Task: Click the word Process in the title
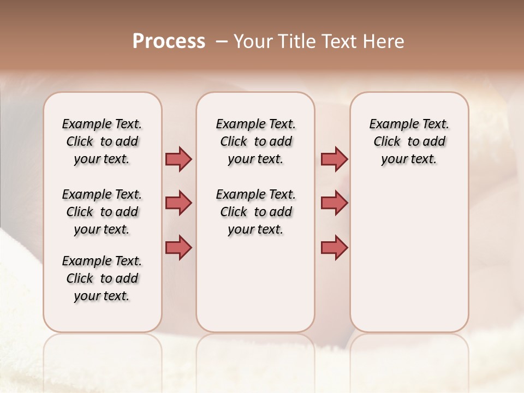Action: click(169, 41)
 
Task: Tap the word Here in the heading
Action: click(384, 41)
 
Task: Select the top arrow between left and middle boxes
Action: click(178, 159)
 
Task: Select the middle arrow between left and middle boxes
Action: click(178, 203)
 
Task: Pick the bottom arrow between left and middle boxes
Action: click(178, 247)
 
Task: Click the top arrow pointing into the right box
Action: click(334, 159)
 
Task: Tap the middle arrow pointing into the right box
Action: click(334, 203)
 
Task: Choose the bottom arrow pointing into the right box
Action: click(334, 247)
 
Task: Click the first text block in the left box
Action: click(102, 141)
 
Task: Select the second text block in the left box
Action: click(102, 212)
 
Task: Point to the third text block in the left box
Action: click(102, 278)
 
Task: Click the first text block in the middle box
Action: click(255, 141)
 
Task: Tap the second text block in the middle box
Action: click(255, 212)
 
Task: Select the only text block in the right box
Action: click(409, 141)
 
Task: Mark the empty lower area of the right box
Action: click(409, 257)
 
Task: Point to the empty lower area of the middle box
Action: click(255, 284)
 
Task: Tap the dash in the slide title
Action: click(222, 41)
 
